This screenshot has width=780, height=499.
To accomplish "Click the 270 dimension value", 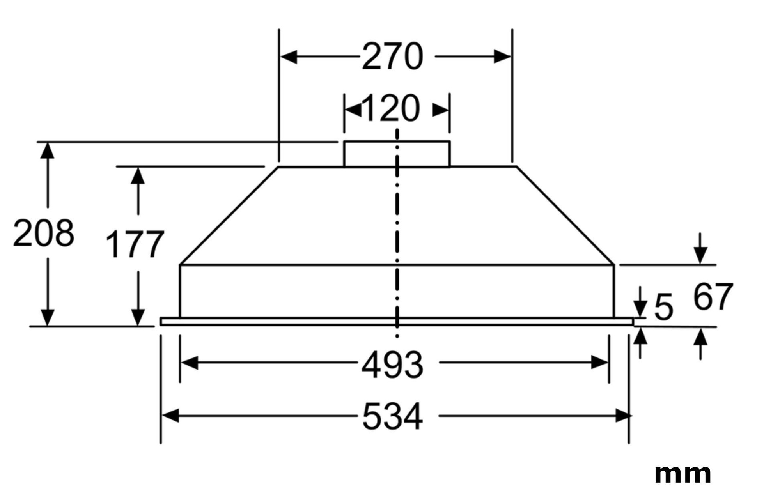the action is tap(392, 57).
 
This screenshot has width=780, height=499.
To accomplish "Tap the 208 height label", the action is tap(43, 233).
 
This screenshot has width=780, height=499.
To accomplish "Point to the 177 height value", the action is tap(135, 244).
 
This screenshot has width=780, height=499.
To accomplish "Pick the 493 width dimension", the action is tap(392, 365).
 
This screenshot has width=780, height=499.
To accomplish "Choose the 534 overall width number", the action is tap(392, 416).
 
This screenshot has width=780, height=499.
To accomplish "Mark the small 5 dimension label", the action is tap(664, 307).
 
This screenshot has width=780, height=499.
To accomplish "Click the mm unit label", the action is tap(682, 474).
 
